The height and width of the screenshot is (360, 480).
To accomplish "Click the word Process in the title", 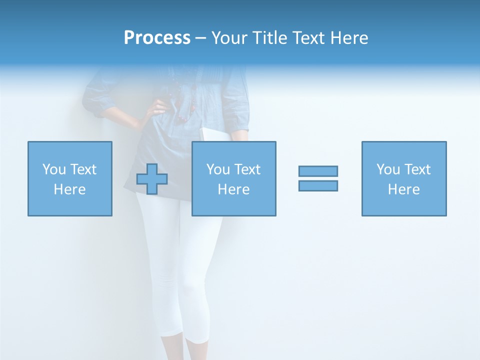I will (x=157, y=38).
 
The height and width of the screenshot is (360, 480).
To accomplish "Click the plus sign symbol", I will (x=152, y=179).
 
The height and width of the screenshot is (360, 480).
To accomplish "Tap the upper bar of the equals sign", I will (x=318, y=171).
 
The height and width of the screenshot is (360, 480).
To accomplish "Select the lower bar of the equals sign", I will (x=318, y=185).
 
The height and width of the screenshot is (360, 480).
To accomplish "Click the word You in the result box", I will (x=388, y=169).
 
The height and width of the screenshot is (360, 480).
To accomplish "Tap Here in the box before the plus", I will (x=70, y=189).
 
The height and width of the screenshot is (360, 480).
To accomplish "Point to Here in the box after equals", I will (x=404, y=189).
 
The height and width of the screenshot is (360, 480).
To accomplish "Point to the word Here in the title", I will (x=349, y=38).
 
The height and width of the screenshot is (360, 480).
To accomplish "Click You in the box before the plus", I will (x=54, y=169).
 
